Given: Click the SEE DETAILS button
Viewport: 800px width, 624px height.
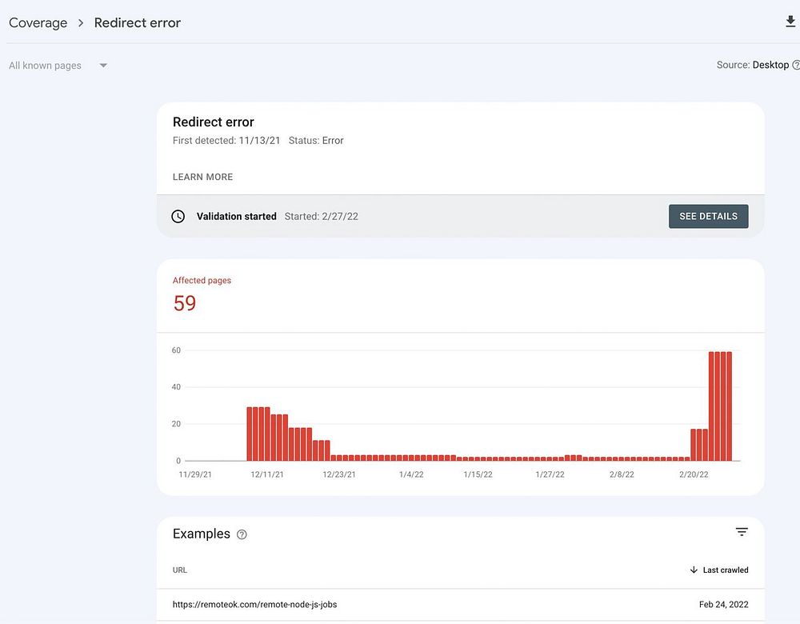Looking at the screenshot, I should (708, 217).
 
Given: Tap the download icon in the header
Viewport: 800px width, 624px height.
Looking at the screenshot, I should (790, 22).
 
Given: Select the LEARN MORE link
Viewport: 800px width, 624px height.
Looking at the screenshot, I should (202, 177).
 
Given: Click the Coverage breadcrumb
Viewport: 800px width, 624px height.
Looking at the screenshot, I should (38, 22).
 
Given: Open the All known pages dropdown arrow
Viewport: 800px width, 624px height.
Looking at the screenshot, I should (103, 66).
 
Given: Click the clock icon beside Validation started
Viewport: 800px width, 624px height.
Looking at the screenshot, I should (178, 217).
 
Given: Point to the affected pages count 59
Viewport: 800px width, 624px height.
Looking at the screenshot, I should (185, 303).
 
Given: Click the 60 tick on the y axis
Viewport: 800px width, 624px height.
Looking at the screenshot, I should (176, 350).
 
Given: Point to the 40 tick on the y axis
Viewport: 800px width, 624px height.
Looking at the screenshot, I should (176, 387).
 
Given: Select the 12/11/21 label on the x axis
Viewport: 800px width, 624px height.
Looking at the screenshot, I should (267, 474).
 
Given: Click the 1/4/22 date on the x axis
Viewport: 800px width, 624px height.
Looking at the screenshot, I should (411, 474).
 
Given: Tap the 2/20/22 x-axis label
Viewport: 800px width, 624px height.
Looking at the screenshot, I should (694, 474).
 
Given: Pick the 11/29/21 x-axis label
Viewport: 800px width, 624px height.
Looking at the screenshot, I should (195, 474).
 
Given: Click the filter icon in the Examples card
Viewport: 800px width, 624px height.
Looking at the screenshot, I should (742, 532).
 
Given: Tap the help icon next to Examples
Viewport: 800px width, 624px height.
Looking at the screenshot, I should (242, 534).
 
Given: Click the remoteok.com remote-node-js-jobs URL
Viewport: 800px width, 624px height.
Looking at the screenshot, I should (254, 605).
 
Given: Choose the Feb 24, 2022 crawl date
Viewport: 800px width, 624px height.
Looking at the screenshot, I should (723, 605).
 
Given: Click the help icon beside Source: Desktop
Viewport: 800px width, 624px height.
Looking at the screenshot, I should (795, 66).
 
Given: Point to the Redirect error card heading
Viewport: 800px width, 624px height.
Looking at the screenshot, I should (214, 122).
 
